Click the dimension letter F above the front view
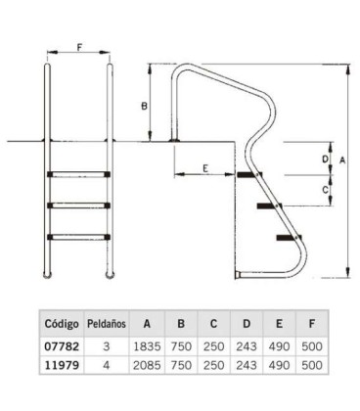click(79, 47)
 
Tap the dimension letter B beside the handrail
click(144, 107)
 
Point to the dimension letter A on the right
click(342, 160)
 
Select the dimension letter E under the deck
click(205, 168)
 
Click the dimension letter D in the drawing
click(325, 160)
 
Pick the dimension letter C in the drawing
click(325, 190)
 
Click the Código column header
click(62, 324)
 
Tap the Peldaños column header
click(107, 324)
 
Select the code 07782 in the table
click(62, 346)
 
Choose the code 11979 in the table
click(62, 365)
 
